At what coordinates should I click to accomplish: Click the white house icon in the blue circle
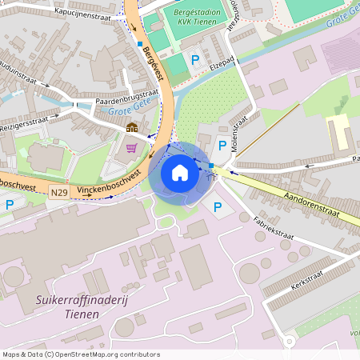pyautogui.click(x=180, y=172)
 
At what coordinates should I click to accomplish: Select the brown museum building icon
pyautogui.click(x=131, y=127)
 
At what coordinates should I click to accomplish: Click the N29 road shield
pyautogui.click(x=58, y=193)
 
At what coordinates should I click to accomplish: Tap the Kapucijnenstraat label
pyautogui.click(x=83, y=14)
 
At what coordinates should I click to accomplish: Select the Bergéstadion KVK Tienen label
pyautogui.click(x=198, y=17)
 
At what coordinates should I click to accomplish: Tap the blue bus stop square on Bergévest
pyautogui.click(x=140, y=43)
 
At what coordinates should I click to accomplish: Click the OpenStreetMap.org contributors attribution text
pyautogui.click(x=103, y=354)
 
